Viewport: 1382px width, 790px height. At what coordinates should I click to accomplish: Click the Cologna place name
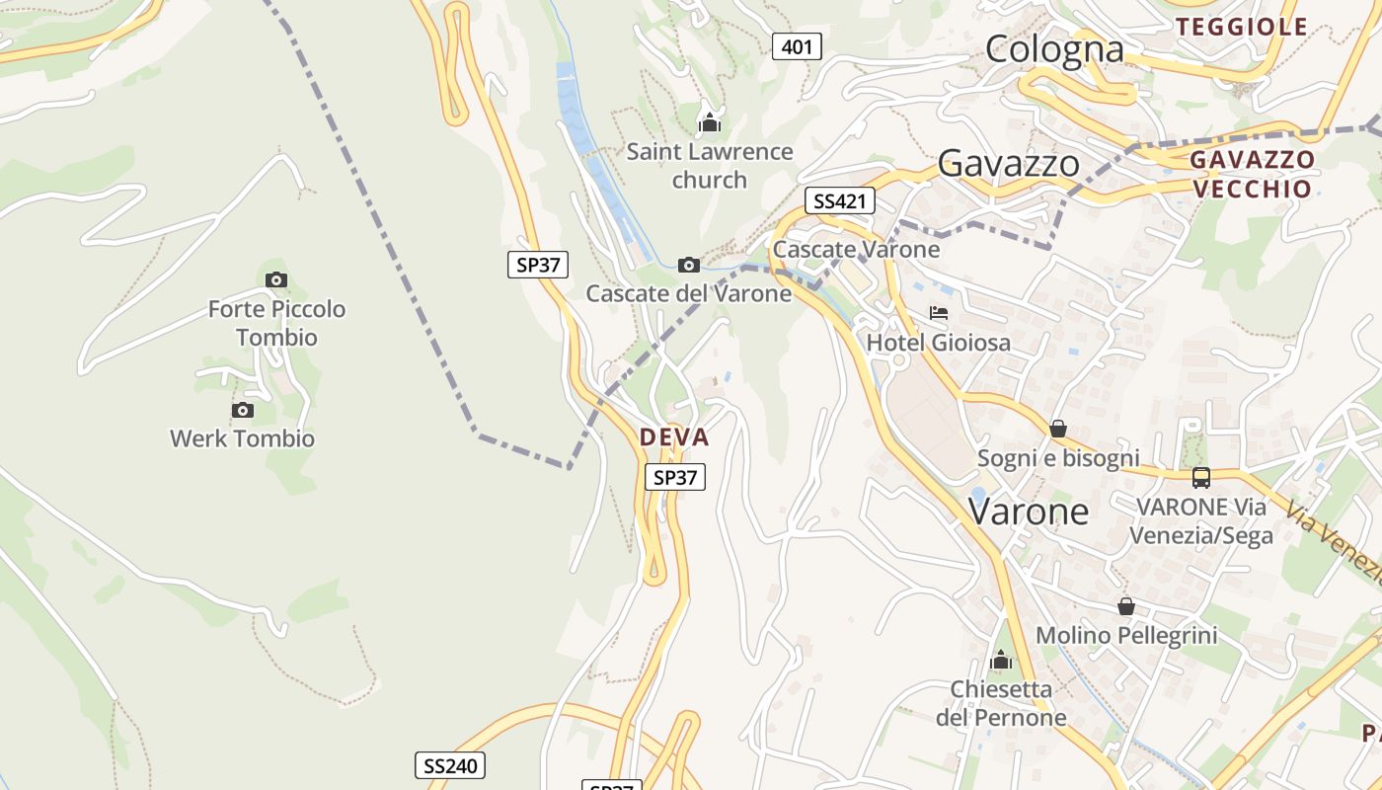pyautogui.click(x=1054, y=48)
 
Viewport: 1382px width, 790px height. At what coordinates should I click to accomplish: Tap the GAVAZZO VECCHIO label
pyautogui.click(x=1252, y=174)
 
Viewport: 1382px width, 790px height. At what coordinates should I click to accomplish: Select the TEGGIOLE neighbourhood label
pyautogui.click(x=1243, y=27)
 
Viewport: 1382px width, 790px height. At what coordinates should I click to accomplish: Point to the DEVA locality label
pyautogui.click(x=674, y=436)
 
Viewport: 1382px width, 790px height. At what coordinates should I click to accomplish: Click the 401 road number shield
pyautogui.click(x=797, y=46)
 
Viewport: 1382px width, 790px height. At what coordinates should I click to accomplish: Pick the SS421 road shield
pyautogui.click(x=839, y=201)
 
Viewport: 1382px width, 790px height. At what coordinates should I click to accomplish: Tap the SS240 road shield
pyautogui.click(x=449, y=765)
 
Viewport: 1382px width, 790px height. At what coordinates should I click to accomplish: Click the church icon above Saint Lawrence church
pyautogui.click(x=709, y=123)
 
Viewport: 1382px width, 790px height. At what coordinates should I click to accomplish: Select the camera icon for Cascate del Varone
pyautogui.click(x=689, y=265)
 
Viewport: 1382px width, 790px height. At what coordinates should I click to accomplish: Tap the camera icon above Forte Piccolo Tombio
pyautogui.click(x=276, y=279)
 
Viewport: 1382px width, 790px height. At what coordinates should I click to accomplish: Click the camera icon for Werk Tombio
pyautogui.click(x=242, y=410)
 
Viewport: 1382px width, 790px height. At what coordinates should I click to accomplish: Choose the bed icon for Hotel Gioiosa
pyautogui.click(x=938, y=313)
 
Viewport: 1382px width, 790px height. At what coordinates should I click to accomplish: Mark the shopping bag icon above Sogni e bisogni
pyautogui.click(x=1057, y=429)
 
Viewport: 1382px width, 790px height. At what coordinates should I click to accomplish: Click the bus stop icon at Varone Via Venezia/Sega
pyautogui.click(x=1201, y=477)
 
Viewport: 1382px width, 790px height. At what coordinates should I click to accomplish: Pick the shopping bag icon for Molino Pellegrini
pyautogui.click(x=1125, y=606)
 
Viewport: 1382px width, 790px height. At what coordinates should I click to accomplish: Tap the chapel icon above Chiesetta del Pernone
pyautogui.click(x=1001, y=660)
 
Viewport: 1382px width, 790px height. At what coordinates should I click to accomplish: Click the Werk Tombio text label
pyautogui.click(x=242, y=438)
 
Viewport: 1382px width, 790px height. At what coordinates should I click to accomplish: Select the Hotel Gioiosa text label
pyautogui.click(x=938, y=343)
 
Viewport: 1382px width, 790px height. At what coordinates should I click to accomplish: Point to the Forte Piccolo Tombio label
pyautogui.click(x=276, y=323)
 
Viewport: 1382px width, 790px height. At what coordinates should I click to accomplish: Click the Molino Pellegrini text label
pyautogui.click(x=1125, y=635)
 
